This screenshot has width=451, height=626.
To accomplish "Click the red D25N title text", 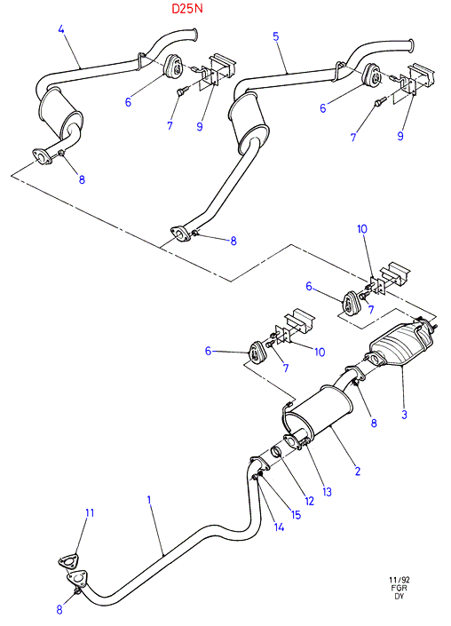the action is click(x=187, y=8).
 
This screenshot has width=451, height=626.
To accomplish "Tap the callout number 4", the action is click(x=61, y=29).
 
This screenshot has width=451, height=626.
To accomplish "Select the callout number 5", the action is click(x=276, y=36).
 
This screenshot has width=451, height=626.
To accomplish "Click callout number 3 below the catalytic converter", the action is click(x=404, y=414).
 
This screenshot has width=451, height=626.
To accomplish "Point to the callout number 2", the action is click(x=358, y=471).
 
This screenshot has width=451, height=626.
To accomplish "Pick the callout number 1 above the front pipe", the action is click(x=149, y=500).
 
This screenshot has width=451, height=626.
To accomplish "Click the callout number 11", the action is click(x=90, y=512).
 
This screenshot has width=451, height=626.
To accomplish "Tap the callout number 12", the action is click(x=309, y=501).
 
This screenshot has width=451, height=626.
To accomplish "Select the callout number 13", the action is click(x=327, y=492).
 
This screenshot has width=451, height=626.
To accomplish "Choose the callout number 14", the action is click(x=279, y=527).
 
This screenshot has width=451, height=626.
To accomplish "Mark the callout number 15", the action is click(x=296, y=515).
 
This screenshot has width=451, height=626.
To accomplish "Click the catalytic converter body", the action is click(x=401, y=345).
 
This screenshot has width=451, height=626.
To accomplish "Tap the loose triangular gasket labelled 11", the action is click(x=67, y=562).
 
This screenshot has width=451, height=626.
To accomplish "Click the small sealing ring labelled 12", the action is click(x=276, y=452).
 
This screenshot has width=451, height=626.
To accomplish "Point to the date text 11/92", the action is click(x=400, y=580).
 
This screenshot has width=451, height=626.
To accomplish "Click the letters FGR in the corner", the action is click(x=400, y=588).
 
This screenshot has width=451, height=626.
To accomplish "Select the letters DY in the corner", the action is click(x=400, y=596).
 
